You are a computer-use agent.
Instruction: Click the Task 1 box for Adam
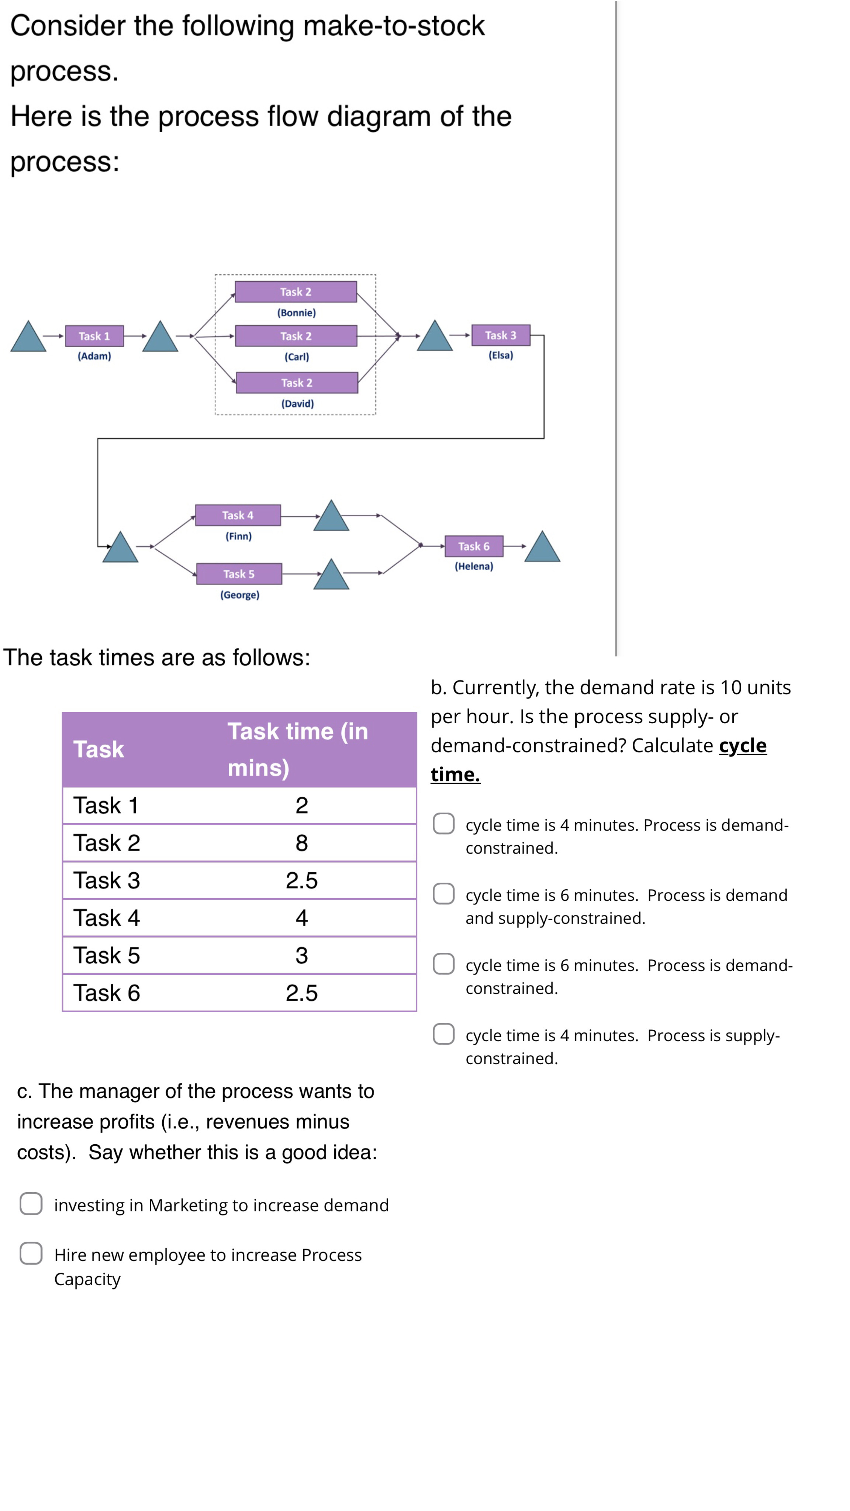(x=94, y=336)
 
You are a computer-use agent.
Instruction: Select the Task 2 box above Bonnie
(x=296, y=291)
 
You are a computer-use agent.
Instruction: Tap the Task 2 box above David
(x=297, y=382)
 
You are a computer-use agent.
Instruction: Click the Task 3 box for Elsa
(x=500, y=335)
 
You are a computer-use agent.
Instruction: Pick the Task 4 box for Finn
(x=238, y=515)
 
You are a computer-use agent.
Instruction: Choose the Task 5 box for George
(x=239, y=574)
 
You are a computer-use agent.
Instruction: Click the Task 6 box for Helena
(x=473, y=546)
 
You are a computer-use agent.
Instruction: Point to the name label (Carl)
(x=297, y=357)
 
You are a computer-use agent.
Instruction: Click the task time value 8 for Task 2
(x=301, y=843)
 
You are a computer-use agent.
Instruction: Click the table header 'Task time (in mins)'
(x=297, y=749)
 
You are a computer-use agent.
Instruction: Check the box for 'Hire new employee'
(x=31, y=1253)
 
